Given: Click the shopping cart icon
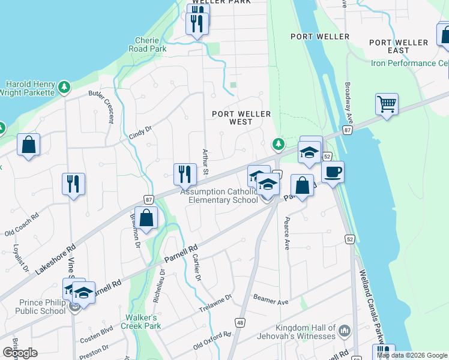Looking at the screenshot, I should [387, 104].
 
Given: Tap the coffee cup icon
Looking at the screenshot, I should [333, 173].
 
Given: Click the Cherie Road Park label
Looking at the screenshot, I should [151, 45].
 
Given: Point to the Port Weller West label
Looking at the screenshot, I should [241, 118].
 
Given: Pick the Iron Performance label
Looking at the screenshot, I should [410, 63].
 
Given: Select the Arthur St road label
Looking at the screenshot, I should [205, 162].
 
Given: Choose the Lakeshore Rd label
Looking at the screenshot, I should [55, 259].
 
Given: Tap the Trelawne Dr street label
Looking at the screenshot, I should [215, 304].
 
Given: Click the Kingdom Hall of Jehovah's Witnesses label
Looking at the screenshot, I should [305, 332].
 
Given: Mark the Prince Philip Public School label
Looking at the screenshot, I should [34, 307].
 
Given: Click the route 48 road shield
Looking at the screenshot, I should [240, 323].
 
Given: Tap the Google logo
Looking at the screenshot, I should [20, 353].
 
